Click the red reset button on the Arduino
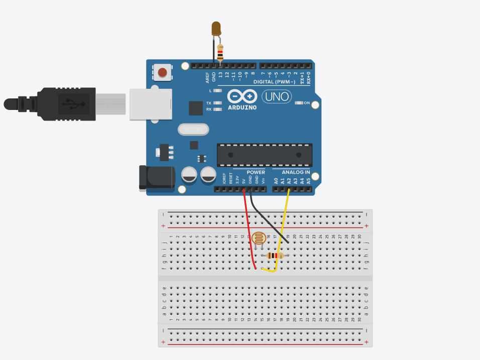click(x=162, y=73)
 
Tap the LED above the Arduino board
click(x=216, y=29)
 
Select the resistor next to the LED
click(x=221, y=52)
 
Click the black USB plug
click(x=65, y=104)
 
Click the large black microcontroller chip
click(x=264, y=155)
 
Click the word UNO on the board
click(x=276, y=96)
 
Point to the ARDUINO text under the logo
click(x=242, y=107)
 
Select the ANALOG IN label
click(x=296, y=172)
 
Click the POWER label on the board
click(x=256, y=172)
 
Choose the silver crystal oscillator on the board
click(x=193, y=130)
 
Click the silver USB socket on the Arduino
click(x=150, y=104)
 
